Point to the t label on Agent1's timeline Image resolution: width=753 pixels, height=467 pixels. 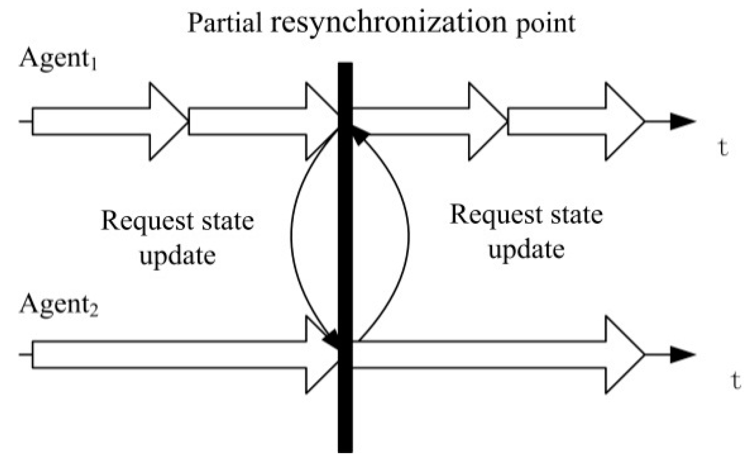(x=723, y=148)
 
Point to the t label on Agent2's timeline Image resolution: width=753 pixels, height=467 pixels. (x=735, y=381)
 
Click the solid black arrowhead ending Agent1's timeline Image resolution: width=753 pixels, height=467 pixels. (x=682, y=122)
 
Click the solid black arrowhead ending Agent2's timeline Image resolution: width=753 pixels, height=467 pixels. (x=682, y=355)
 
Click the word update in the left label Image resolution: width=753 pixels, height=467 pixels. (x=177, y=256)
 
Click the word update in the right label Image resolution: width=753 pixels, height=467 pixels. (x=526, y=250)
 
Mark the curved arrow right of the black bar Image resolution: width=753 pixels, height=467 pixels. (x=408, y=236)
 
